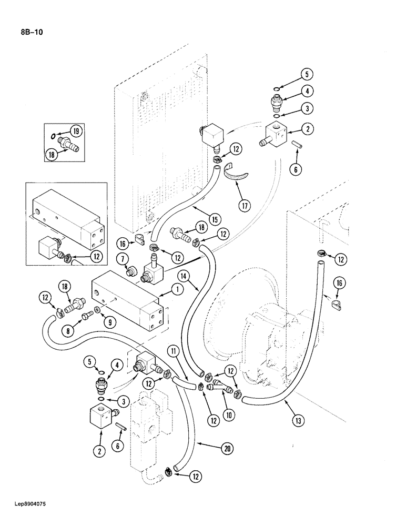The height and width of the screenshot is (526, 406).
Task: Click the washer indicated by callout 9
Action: tap(97, 310)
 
